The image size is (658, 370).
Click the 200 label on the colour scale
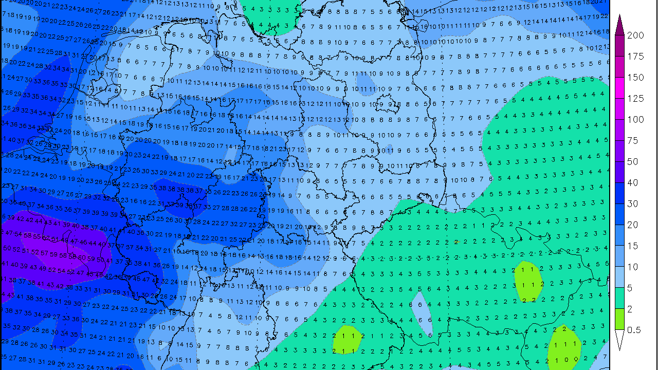[635, 35]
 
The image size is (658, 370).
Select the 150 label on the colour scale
[635, 78]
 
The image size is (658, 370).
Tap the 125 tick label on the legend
[635, 99]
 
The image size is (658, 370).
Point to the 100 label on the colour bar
[635, 120]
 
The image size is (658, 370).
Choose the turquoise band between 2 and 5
[619, 299]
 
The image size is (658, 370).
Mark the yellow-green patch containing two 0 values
[564, 349]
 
